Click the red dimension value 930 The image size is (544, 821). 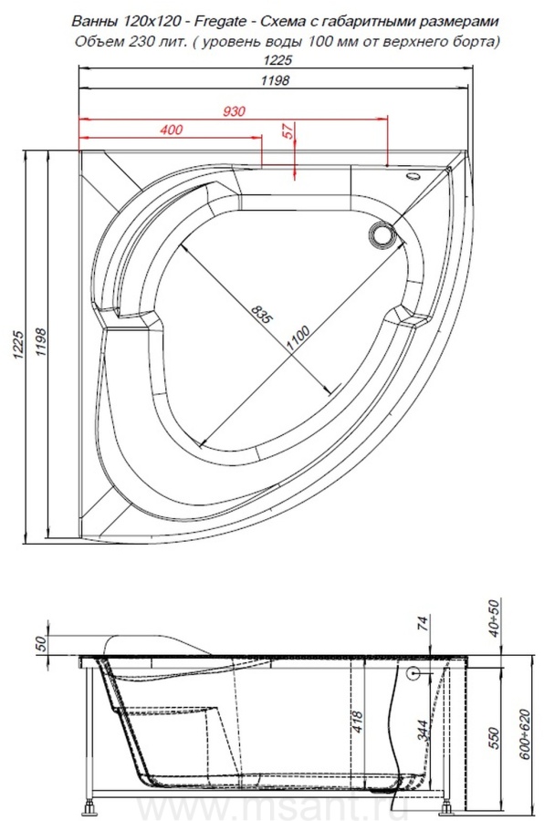[234, 111]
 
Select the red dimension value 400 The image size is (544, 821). [172, 130]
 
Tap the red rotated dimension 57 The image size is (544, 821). [288, 130]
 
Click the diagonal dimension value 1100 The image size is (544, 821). [298, 338]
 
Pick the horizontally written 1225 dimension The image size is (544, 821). [277, 60]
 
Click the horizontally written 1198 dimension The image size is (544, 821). [275, 80]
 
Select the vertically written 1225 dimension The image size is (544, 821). [18, 345]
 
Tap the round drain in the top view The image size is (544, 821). [382, 234]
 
